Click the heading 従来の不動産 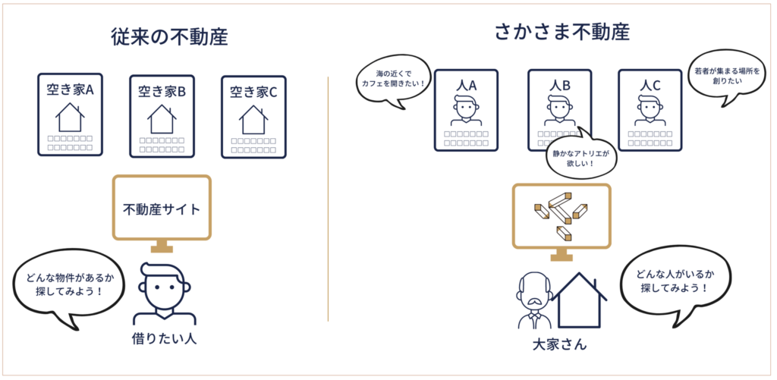(x=169, y=38)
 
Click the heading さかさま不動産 (x=562, y=32)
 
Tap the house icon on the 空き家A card (x=70, y=117)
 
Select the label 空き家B (x=162, y=92)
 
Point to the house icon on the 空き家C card (x=253, y=119)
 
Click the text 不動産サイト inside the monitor (x=162, y=209)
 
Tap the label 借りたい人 (x=164, y=339)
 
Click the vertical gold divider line (x=328, y=199)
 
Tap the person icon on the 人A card (x=466, y=111)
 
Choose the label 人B (x=559, y=85)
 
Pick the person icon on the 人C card (x=650, y=111)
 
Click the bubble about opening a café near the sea (x=391, y=80)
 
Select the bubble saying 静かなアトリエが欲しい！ (x=580, y=158)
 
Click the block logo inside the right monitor (x=561, y=214)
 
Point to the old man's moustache (x=533, y=301)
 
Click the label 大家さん (x=559, y=344)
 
